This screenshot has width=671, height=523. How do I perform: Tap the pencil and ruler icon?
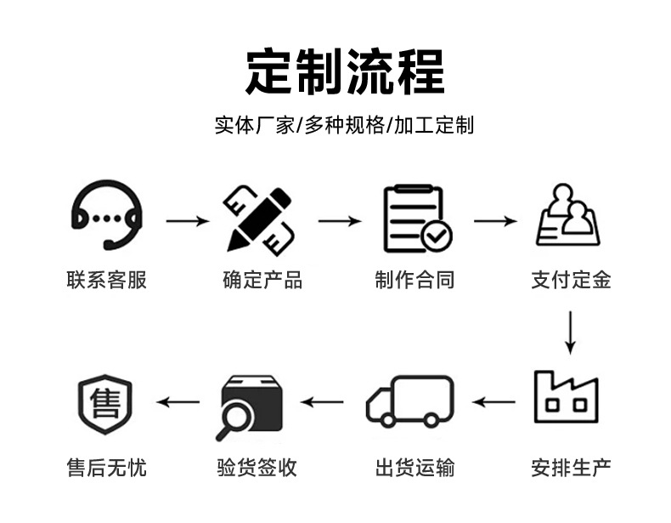click(258, 218)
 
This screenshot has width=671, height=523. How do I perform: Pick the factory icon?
click(566, 397)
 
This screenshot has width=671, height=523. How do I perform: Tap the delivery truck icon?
click(409, 401)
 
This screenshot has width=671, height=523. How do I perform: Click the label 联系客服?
click(106, 280)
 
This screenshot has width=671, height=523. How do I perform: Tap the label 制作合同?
click(414, 280)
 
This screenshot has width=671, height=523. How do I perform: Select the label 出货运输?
click(414, 467)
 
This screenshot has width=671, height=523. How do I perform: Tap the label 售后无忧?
click(106, 467)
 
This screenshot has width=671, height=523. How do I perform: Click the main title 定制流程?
click(345, 72)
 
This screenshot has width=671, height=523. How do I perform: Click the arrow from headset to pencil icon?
click(187, 222)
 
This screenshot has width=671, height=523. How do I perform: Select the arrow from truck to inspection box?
click(323, 401)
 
